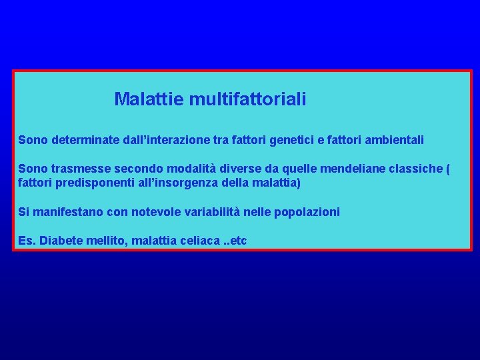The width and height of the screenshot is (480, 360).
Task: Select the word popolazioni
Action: pos(306,212)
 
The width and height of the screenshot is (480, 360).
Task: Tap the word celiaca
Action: pos(200,240)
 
